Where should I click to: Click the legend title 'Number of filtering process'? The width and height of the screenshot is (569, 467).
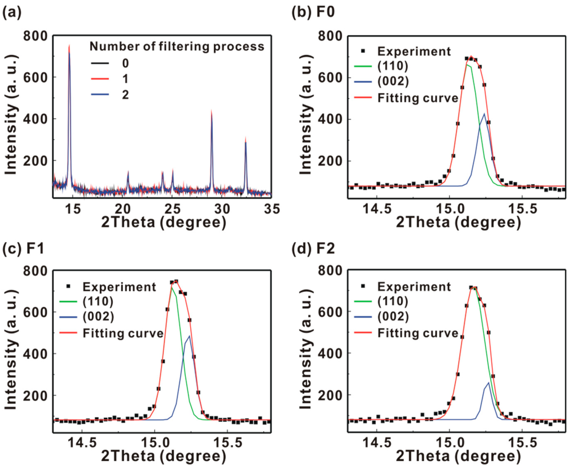[x=177, y=47]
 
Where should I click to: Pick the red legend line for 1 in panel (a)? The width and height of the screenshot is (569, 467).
[x=100, y=79]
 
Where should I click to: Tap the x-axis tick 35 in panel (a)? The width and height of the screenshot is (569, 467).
[x=271, y=209]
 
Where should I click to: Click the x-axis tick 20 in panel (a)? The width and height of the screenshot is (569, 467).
[x=123, y=209]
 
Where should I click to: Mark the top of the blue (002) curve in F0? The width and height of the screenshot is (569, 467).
[x=484, y=114]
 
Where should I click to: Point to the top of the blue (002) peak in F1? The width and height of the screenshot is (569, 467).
[x=189, y=336]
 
